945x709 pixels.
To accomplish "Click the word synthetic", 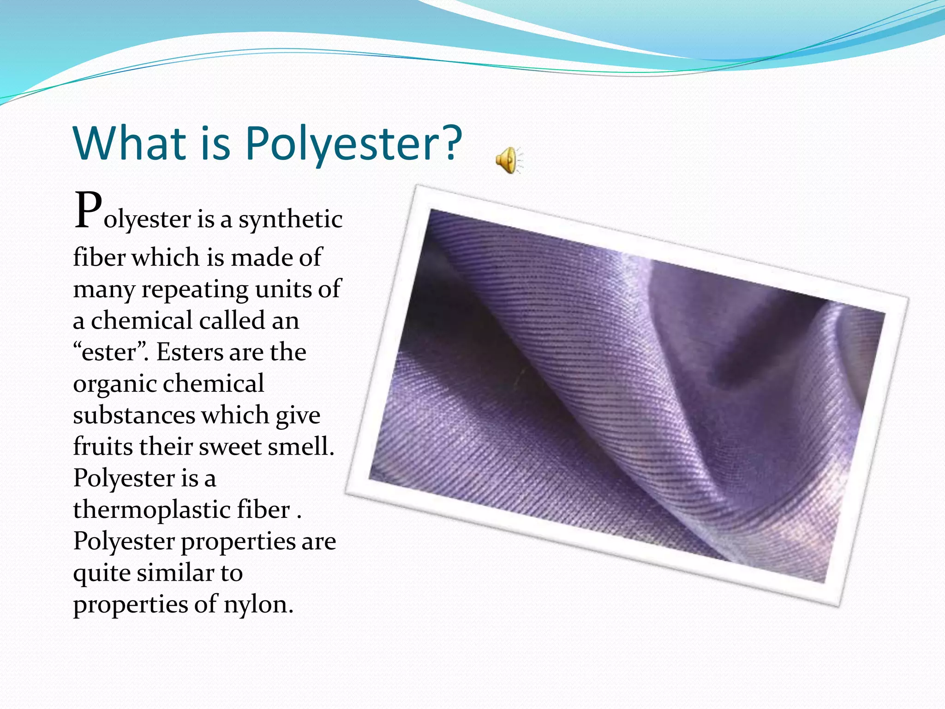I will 290,219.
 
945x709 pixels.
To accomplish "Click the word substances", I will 134,415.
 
